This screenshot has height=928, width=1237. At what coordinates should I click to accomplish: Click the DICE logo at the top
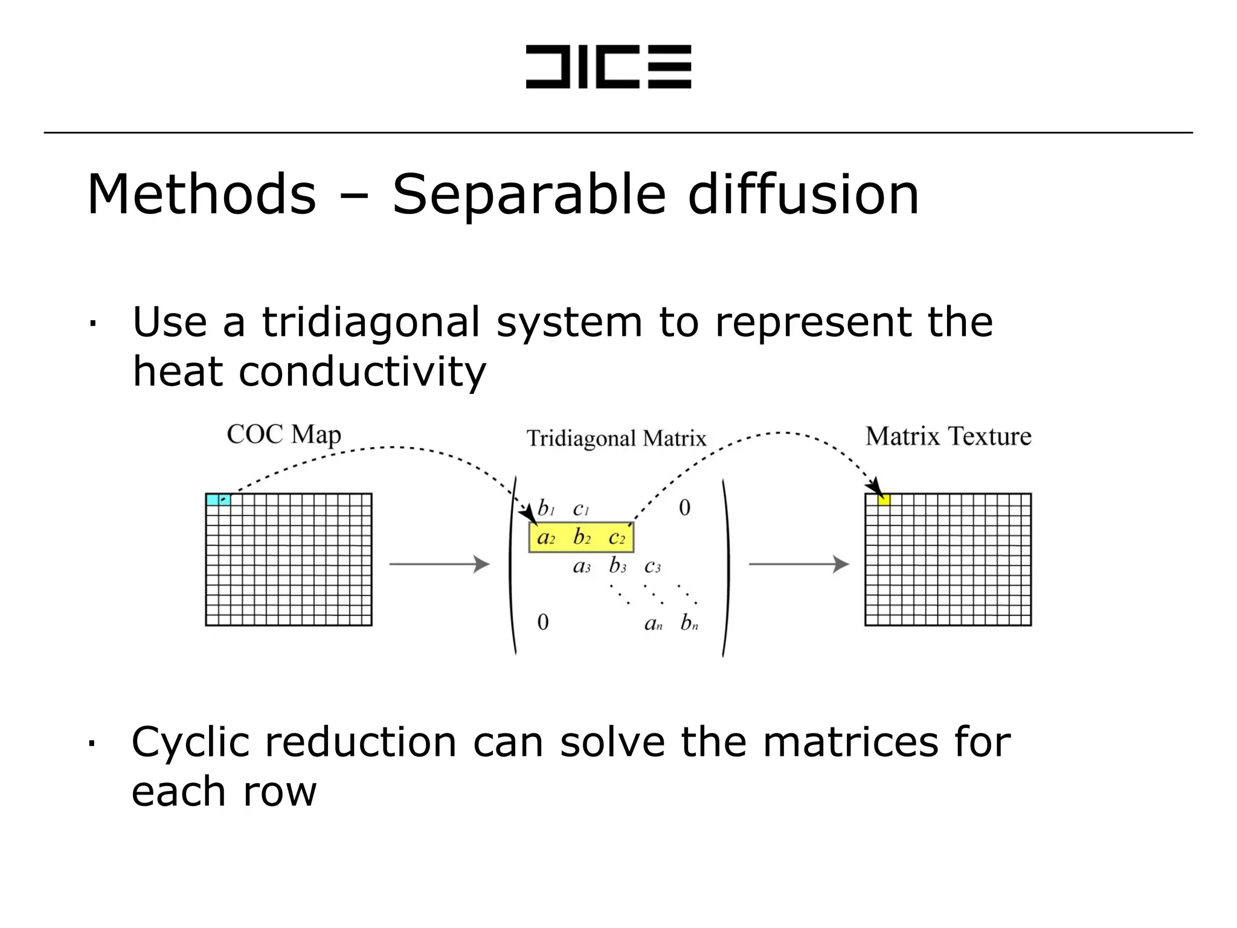pos(608,66)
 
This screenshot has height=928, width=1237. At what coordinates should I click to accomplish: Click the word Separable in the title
pos(529,195)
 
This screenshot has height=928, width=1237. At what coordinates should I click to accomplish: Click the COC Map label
pos(284,435)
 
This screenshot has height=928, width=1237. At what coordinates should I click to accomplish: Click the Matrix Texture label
pos(948,436)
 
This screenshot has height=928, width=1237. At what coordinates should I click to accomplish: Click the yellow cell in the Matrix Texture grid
pos(884,500)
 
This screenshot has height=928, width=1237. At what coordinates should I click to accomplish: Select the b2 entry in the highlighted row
pos(582,537)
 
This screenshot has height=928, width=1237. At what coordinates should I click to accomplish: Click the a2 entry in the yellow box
pos(545,538)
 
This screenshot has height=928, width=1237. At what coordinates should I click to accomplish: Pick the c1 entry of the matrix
pos(580,509)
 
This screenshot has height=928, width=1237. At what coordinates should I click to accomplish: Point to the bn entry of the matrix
pos(689,623)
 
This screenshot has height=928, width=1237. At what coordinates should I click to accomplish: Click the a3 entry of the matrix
pos(581,567)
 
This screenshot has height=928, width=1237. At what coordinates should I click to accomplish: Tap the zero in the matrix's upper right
pos(684,508)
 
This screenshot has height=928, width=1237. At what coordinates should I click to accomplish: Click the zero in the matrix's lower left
pos(543,622)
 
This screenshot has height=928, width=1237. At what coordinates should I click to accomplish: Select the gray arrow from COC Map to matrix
pos(439,564)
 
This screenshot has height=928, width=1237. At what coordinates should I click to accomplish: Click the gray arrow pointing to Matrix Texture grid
pos(798,564)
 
